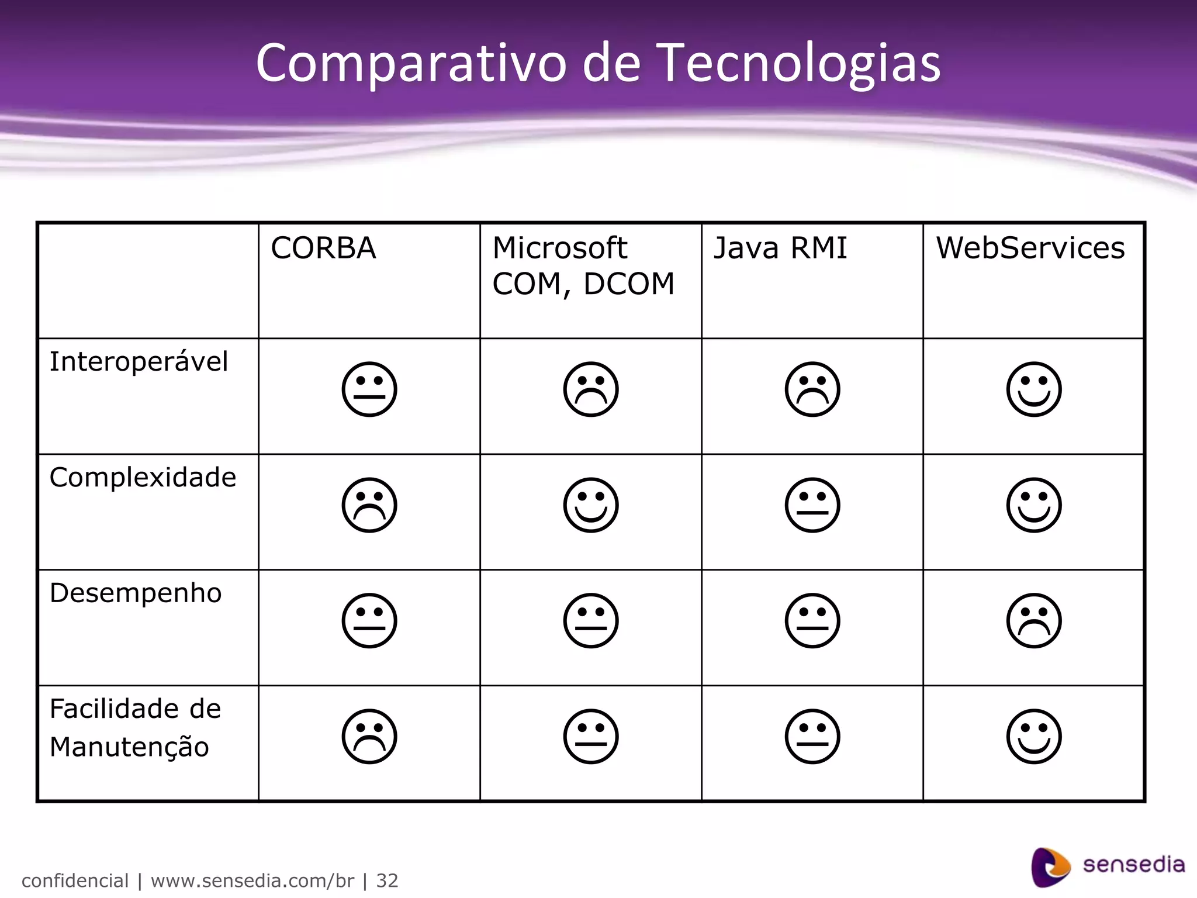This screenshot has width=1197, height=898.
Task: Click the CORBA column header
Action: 323,248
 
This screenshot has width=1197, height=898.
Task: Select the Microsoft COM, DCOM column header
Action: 583,266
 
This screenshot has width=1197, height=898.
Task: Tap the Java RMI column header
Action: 780,248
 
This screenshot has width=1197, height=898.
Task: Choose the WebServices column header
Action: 1030,248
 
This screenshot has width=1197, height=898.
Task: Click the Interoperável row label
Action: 139,361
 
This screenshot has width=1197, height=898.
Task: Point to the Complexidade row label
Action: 143,477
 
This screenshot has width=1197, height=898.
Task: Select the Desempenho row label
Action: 136,593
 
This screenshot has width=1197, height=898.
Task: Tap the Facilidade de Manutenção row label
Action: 135,727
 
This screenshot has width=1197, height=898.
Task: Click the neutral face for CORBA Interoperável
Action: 369,389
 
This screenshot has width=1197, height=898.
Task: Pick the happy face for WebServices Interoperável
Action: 1034,389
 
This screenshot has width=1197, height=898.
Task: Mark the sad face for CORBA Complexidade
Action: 369,505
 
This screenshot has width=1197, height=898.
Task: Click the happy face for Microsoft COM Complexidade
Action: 591,505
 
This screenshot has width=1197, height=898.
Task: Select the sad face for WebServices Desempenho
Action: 1034,621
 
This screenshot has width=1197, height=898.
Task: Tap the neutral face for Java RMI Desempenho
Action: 812,621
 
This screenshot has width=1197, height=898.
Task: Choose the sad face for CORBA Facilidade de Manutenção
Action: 369,737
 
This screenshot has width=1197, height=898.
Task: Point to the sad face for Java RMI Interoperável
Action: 812,389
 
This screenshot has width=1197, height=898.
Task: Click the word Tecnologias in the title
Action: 800,63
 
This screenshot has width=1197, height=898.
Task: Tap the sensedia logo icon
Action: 1050,866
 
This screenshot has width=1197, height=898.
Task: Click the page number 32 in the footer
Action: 387,880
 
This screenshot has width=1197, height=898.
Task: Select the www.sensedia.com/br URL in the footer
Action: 252,880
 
